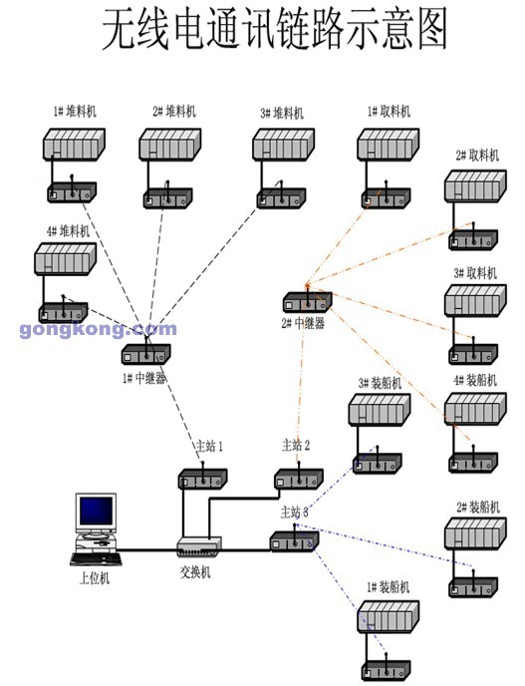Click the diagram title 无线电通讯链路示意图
point(275,29)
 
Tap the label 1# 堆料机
point(75,111)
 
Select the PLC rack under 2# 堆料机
point(170,144)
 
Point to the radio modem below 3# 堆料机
point(281,198)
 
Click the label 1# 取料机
point(389,112)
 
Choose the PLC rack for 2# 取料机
point(475,185)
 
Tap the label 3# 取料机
point(475,273)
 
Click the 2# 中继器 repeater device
point(307,302)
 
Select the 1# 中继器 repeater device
point(145,354)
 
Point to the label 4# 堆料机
point(68,230)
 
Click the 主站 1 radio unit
point(202,479)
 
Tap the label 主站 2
point(296,446)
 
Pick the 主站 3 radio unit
point(294,541)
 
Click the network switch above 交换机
point(199,546)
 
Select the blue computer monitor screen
point(97,511)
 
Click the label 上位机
point(94,578)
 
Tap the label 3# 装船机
point(380,383)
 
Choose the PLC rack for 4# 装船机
point(475,409)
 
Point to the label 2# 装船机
point(478,508)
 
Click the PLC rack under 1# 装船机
point(389,616)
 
